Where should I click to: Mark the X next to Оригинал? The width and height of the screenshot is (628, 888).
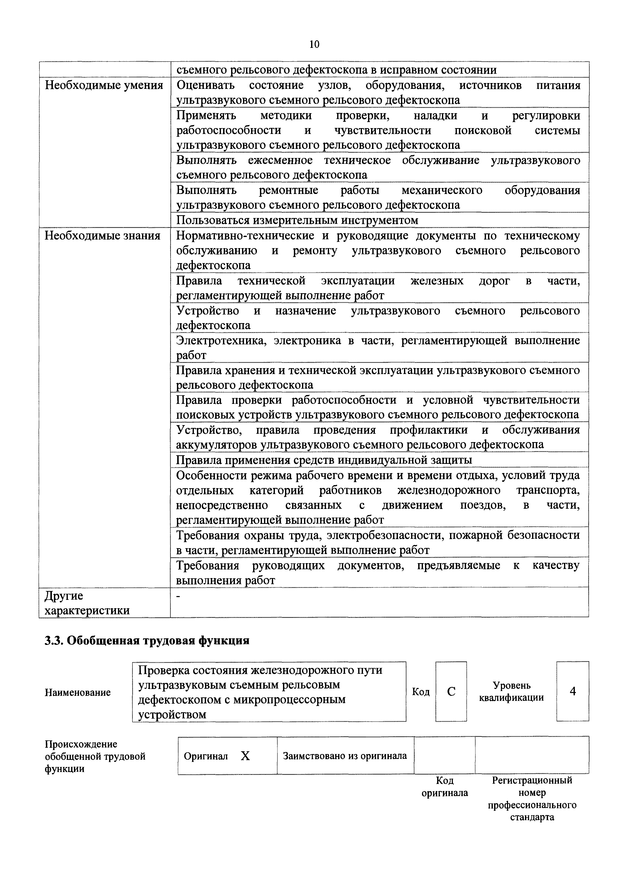pyautogui.click(x=245, y=756)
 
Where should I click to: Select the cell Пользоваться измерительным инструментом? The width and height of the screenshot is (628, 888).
pyautogui.click(x=297, y=220)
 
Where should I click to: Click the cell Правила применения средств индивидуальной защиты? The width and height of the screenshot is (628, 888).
pyautogui.click(x=324, y=460)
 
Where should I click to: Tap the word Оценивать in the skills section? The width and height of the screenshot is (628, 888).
pyautogui.click(x=205, y=85)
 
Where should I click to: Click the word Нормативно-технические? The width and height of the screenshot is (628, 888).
pyautogui.click(x=242, y=235)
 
